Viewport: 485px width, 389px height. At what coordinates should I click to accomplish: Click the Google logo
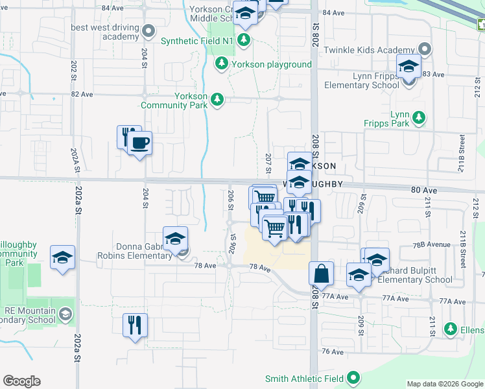coord(21,381)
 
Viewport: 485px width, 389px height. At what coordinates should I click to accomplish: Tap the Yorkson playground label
coord(272,64)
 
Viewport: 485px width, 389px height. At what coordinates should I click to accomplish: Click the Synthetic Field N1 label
coord(196,41)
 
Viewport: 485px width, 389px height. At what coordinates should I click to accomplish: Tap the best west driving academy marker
coord(148,30)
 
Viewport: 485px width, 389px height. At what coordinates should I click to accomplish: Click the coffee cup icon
coord(140,142)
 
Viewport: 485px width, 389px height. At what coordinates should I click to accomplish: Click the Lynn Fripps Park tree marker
coord(420,117)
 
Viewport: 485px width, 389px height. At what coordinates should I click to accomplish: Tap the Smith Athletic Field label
coord(304,377)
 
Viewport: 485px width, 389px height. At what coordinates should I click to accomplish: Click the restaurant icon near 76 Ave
coord(135,325)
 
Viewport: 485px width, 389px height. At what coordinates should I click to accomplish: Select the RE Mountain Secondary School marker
coord(65,315)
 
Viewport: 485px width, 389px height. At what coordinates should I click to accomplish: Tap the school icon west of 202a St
coord(62,258)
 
